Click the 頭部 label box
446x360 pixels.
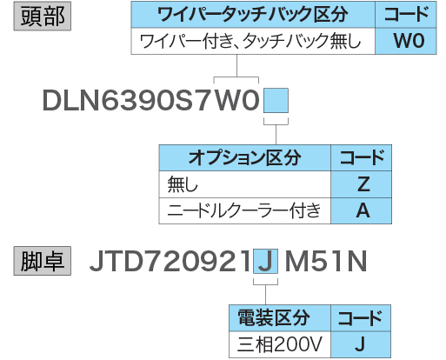pos(43,16)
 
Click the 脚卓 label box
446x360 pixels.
pos(43,261)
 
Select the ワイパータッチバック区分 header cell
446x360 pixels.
pos(253,15)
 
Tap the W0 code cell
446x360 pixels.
pos(406,41)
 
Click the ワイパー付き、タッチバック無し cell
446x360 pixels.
pos(253,41)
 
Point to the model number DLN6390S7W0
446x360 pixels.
pos(151,100)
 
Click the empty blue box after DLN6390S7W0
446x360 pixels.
pos(276,100)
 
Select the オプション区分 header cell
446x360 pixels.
pos(245,157)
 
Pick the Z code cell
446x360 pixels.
pos(362,184)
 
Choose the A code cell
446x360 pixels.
pos(362,210)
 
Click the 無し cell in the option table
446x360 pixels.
pos(245,184)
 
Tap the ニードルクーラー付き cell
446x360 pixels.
pos(245,210)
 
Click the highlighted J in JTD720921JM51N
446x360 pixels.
pos(266,261)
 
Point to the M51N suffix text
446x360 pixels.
pos(326,262)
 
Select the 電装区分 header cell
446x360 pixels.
pos(280,318)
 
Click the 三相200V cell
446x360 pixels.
pos(280,344)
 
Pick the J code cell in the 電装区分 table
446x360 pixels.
pos(361,344)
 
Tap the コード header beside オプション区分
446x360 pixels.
pos(362,157)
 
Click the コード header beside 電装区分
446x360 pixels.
pos(361,318)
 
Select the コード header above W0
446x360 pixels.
pos(406,15)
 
